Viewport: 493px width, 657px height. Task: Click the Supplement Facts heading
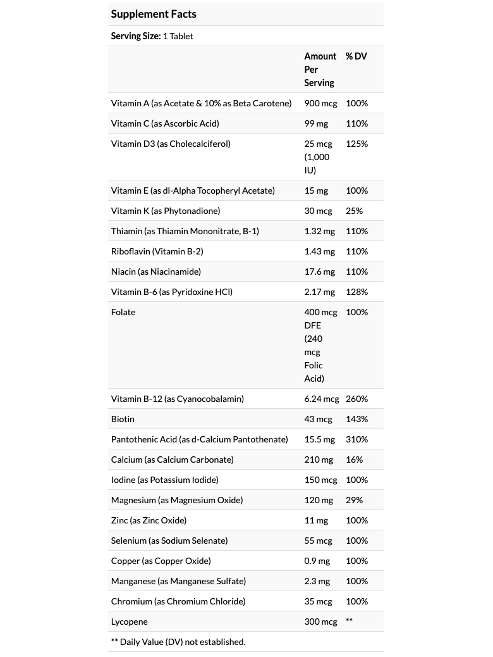154,14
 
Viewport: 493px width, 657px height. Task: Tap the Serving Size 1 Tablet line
152,36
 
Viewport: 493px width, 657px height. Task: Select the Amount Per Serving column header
320,70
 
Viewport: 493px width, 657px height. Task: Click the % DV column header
356,56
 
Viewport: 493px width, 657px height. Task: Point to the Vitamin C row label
165,123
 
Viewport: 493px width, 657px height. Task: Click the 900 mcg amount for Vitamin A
320,103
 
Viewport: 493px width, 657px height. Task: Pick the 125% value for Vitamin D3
356,144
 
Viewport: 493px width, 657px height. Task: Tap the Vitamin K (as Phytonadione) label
166,211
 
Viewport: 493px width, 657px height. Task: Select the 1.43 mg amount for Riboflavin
320,251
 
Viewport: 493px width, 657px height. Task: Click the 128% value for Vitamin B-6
356,292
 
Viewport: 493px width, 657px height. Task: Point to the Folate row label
123,312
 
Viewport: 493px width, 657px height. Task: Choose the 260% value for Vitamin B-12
356,399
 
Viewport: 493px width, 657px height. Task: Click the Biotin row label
123,419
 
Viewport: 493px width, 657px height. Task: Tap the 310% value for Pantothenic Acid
356,439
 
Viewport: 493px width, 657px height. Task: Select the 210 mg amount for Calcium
319,460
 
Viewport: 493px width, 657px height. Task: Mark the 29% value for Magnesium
355,500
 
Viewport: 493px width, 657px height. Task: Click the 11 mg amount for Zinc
316,520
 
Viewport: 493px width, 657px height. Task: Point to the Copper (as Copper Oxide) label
161,561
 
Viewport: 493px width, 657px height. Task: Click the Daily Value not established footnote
178,642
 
